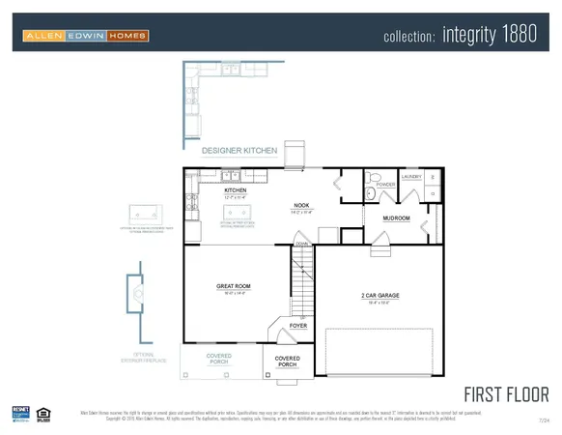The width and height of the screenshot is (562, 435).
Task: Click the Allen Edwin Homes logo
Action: pos(86,37)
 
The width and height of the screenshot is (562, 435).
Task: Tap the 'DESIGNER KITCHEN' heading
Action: pos(239,151)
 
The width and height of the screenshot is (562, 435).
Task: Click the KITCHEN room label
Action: pos(236,191)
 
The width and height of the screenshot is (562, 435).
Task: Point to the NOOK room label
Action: pos(300,206)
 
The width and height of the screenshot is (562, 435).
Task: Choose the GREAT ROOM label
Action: pos(233,287)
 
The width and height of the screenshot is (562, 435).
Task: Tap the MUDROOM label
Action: pos(397,218)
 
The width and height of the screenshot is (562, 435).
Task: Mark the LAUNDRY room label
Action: pos(412,177)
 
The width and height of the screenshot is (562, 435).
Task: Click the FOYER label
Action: pos(299,326)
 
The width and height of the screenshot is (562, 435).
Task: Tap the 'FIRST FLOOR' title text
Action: pos(506,394)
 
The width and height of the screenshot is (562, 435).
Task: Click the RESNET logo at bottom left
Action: pos(20,414)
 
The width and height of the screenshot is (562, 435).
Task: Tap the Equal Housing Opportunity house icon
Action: pos(42,414)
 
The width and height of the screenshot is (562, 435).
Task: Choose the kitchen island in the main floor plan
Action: pos(233,214)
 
